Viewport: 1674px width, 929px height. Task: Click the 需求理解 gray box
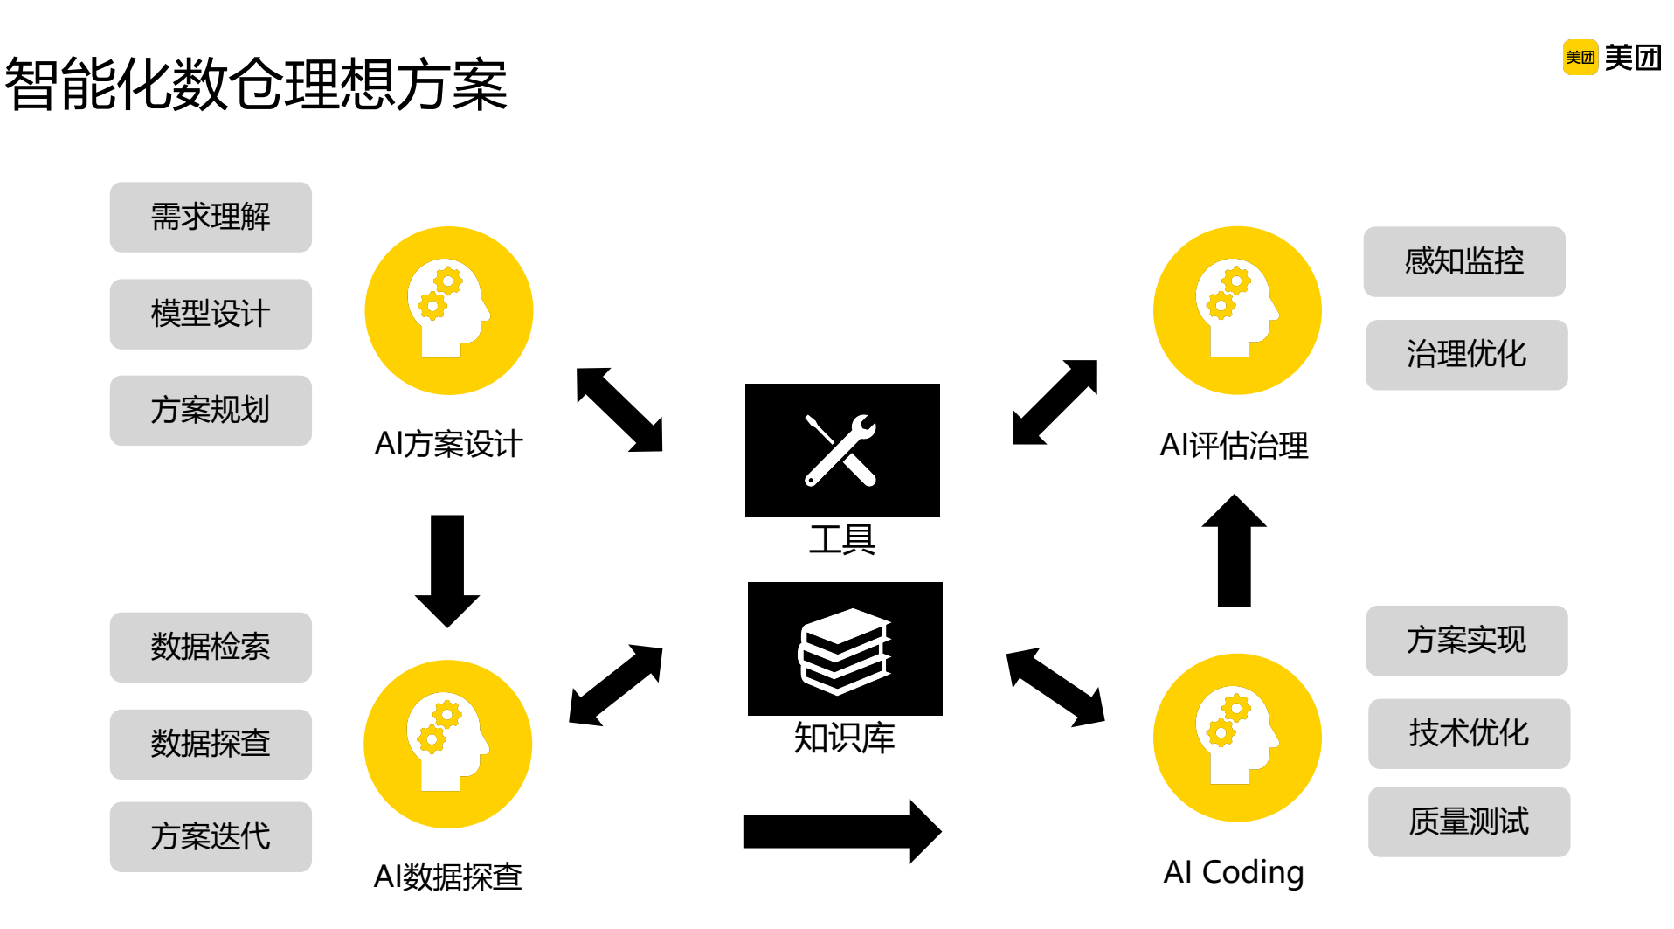click(x=211, y=217)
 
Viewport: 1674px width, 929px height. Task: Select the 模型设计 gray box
click(x=211, y=314)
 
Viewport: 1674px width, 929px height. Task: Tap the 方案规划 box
click(x=211, y=410)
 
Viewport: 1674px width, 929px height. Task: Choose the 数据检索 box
click(x=211, y=647)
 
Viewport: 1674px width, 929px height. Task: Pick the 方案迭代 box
click(x=211, y=836)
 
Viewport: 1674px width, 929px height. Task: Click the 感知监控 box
click(x=1463, y=261)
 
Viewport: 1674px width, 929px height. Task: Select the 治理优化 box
click(x=1466, y=354)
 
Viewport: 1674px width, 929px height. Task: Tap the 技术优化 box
click(x=1468, y=733)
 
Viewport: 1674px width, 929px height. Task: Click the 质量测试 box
click(x=1468, y=822)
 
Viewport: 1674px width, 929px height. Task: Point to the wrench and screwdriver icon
click(x=841, y=449)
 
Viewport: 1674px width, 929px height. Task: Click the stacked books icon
click(x=844, y=650)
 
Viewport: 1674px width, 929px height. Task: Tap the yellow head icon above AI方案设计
click(x=448, y=310)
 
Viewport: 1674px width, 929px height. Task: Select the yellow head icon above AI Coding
click(x=1236, y=738)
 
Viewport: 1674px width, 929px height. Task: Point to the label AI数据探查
click(x=447, y=877)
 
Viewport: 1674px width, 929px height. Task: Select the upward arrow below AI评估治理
click(x=1234, y=551)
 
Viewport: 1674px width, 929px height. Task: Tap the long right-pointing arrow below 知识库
click(x=840, y=831)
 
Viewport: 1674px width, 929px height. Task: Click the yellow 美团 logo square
click(x=1580, y=58)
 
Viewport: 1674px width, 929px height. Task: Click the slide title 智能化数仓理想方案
click(x=256, y=85)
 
